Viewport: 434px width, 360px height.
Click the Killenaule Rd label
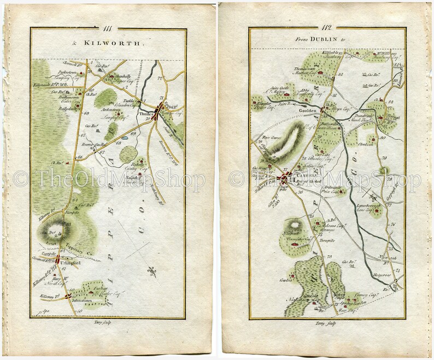pos(50,86)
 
